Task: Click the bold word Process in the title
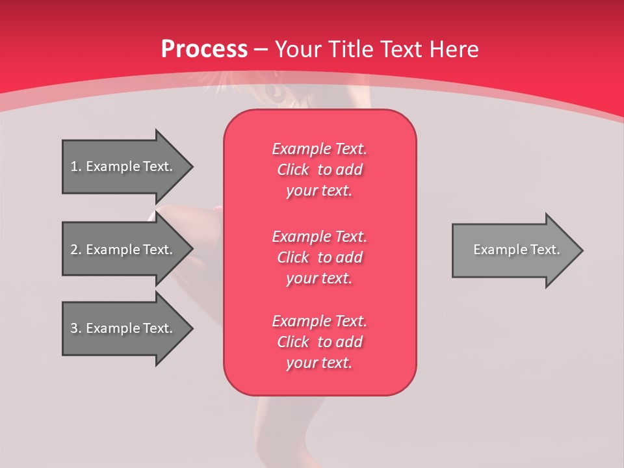(x=204, y=49)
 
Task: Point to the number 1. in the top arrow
(x=75, y=166)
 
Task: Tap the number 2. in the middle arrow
(x=75, y=250)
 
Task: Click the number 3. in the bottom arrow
(x=75, y=328)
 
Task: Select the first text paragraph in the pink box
(x=320, y=170)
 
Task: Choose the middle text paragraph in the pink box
(x=320, y=257)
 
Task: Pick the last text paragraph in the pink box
(x=320, y=342)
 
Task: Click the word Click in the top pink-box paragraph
(x=293, y=170)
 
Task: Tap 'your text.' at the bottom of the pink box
(x=319, y=363)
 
